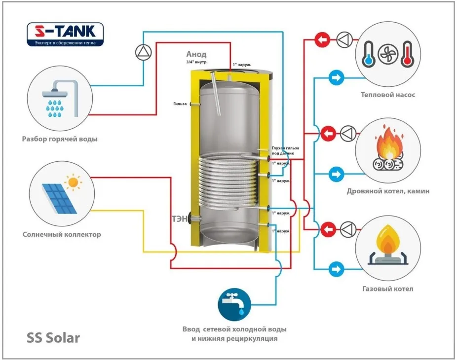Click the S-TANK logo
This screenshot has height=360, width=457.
[x=65, y=35]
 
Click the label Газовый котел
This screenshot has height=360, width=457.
[x=387, y=288]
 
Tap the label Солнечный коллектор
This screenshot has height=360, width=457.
[x=62, y=234]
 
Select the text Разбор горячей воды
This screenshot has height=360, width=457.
[x=60, y=139]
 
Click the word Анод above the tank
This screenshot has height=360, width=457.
[x=196, y=54]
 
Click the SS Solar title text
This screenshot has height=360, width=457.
[x=53, y=338]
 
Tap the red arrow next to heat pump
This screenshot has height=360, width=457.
[x=322, y=39]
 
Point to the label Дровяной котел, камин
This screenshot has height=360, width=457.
[x=387, y=191]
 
